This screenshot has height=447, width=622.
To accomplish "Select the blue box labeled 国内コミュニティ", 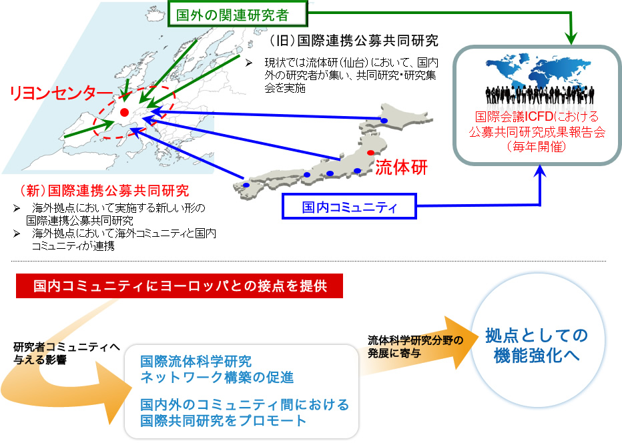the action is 349,206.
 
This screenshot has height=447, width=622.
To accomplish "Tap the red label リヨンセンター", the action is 61,93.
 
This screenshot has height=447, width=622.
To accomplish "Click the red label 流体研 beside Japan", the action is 402,167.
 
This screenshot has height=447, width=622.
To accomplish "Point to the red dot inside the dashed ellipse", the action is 124,112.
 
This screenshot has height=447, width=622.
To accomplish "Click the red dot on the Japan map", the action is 370,153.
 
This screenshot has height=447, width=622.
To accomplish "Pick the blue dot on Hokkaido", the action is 384,121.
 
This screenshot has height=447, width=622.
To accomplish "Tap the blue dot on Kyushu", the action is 246,185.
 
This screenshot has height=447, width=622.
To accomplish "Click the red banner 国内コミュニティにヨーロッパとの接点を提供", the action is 180,286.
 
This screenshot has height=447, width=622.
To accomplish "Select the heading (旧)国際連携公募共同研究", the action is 353,41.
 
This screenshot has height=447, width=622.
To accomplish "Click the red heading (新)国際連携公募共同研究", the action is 104,191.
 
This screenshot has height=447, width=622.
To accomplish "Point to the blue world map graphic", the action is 538,71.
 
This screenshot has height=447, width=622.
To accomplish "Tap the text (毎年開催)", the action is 537,147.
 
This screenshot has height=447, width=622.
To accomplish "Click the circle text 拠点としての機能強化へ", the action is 537,346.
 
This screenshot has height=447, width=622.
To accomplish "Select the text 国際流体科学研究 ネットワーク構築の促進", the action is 217,369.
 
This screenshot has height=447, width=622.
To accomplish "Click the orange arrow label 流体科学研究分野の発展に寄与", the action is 415,346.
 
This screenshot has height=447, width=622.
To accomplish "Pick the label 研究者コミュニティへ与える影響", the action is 66,353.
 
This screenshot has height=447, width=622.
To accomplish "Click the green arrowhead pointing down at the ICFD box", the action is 571,39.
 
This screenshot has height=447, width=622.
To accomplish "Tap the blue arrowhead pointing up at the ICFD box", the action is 540,171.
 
